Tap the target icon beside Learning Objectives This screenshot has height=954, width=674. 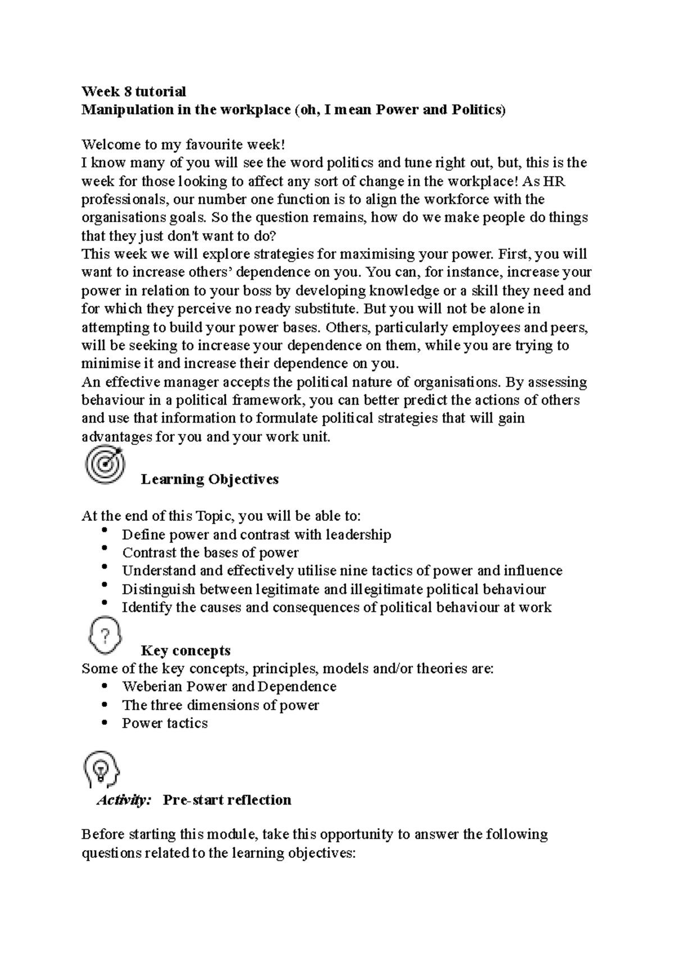click(104, 464)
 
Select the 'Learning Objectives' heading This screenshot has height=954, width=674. click(210, 479)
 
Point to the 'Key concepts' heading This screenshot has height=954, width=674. click(185, 651)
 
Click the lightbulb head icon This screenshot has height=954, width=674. click(102, 769)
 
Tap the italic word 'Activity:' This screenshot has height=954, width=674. click(124, 800)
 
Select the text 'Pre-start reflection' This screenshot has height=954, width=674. click(227, 800)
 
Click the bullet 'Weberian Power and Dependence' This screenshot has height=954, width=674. click(229, 687)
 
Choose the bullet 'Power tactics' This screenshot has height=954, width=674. click(165, 723)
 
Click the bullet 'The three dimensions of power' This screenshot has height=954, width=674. click(220, 705)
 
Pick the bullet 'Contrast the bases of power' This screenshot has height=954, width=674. click(210, 553)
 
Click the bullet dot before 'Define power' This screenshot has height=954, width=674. click(104, 531)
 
